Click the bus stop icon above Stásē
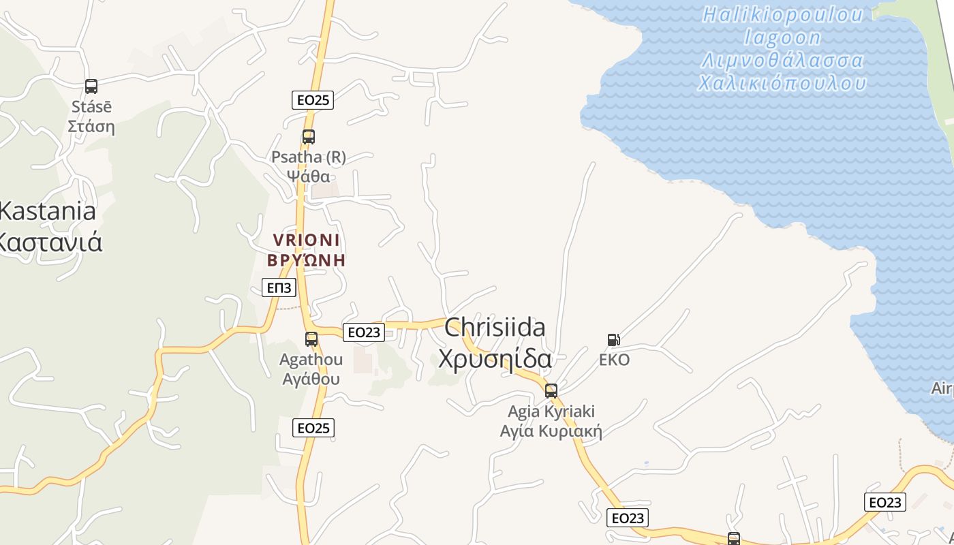(x=91, y=87)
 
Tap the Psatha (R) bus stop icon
(x=309, y=137)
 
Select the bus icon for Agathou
(x=311, y=339)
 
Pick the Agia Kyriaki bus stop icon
(x=551, y=391)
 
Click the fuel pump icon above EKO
(x=613, y=340)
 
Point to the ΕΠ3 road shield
(x=279, y=287)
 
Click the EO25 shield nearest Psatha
(x=313, y=100)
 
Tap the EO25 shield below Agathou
(x=313, y=428)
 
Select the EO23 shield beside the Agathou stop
(x=363, y=332)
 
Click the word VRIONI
(x=307, y=240)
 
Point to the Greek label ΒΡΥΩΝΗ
(x=307, y=260)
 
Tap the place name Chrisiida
(x=495, y=328)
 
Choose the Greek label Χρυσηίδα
(x=495, y=358)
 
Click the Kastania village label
(x=46, y=211)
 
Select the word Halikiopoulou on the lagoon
(x=783, y=14)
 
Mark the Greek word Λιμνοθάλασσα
(x=783, y=61)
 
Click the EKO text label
(x=614, y=360)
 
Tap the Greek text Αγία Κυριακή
(x=551, y=431)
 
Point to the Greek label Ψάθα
(x=308, y=176)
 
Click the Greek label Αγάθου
(x=311, y=379)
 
